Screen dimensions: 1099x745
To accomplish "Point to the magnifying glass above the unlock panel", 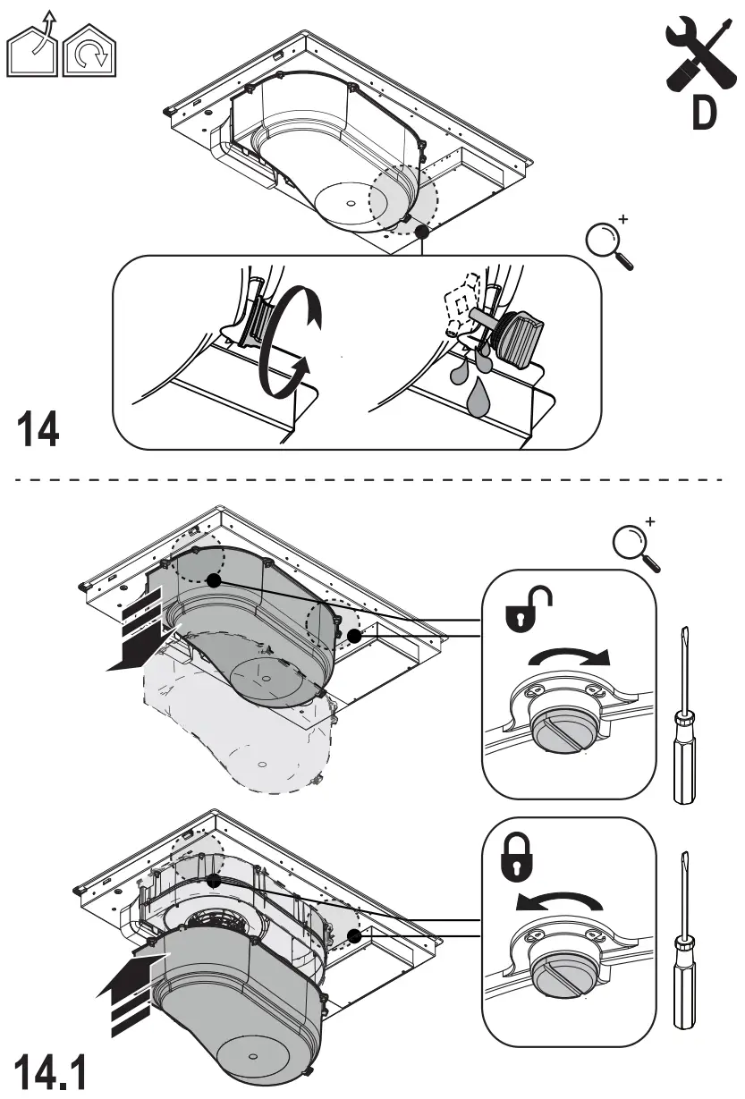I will click(636, 545).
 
